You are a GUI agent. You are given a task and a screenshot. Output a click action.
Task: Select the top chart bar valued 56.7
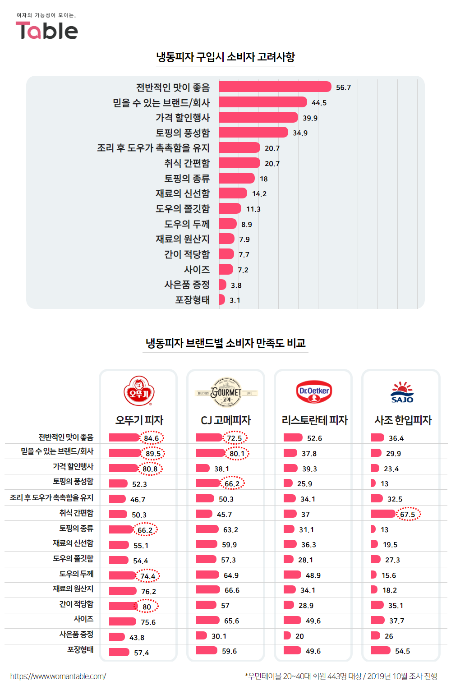coord(275,87)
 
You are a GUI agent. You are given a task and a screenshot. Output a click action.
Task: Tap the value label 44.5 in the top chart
coord(319,103)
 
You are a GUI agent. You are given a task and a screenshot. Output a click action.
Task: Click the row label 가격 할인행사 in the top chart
coord(183,118)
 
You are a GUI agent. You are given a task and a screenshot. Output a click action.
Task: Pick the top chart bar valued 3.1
coord(222,299)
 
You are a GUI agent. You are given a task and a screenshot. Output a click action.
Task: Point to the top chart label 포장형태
coord(192,300)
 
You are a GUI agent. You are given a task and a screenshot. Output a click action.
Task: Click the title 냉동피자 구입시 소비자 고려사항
coord(225,57)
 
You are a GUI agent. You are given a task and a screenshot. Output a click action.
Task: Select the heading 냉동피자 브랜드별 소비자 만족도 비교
coord(225,343)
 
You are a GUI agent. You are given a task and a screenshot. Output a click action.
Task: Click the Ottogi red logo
coord(139,391)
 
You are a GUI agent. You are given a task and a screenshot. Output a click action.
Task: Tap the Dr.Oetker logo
coord(314,391)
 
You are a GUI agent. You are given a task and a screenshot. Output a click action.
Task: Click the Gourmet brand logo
coord(226,392)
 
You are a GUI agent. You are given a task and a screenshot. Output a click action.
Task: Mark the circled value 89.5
coord(153,453)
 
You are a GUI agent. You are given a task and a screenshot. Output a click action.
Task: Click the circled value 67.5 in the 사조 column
coord(408,514)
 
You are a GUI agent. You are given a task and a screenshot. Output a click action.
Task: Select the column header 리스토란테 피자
coord(314,420)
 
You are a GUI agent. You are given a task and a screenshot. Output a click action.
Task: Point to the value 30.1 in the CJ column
coord(219,636)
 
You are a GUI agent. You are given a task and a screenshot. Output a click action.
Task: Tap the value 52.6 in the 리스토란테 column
coord(314,438)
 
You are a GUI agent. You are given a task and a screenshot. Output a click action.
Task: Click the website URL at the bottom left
coord(58,676)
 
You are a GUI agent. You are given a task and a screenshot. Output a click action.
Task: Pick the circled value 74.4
coord(148,576)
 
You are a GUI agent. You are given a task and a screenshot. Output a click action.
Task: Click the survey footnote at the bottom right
coord(341,676)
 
